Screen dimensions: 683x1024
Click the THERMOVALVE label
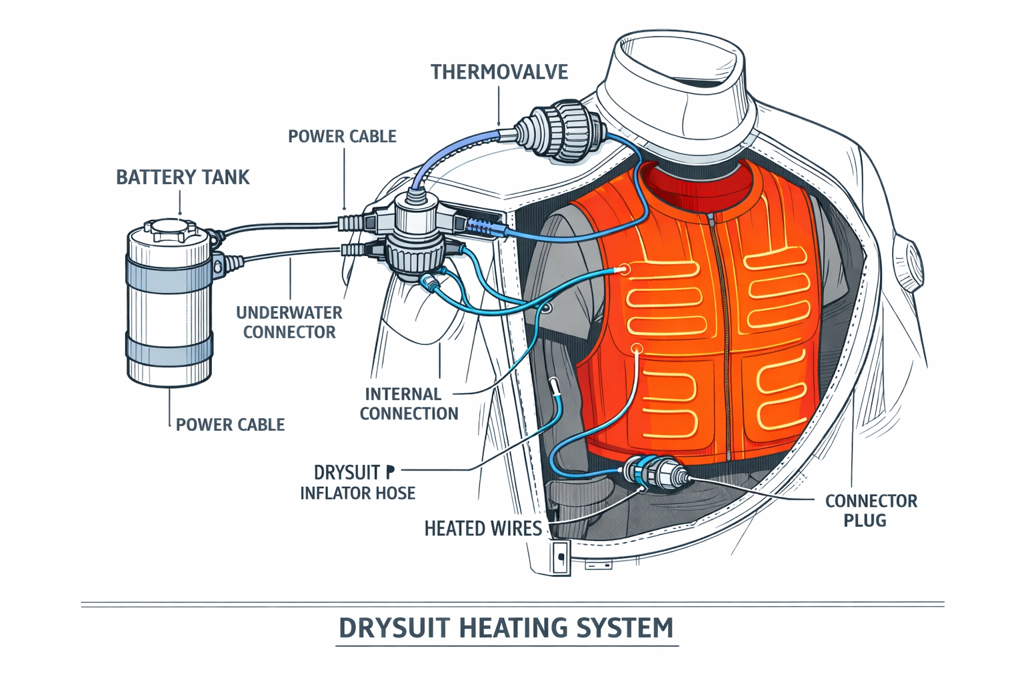[499, 71]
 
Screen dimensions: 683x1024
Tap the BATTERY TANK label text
[183, 177]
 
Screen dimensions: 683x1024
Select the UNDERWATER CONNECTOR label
[289, 322]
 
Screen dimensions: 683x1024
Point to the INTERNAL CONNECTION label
[409, 404]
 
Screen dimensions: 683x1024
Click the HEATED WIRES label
[483, 529]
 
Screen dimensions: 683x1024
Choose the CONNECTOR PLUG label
[871, 510]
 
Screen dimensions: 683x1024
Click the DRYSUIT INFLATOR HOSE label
[357, 483]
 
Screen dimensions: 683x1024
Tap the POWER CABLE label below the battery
[230, 425]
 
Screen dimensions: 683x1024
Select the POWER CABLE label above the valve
[342, 137]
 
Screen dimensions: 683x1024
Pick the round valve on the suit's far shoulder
[911, 257]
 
